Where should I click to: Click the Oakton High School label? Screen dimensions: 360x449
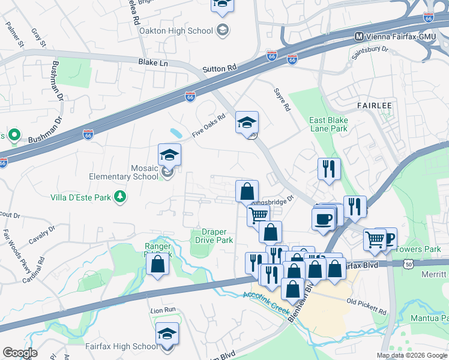176,31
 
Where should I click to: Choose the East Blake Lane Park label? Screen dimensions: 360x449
328,124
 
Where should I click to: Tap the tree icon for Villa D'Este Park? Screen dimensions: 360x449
120,196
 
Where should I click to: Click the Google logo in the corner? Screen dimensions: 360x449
19,353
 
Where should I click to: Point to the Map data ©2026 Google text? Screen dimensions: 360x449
412,355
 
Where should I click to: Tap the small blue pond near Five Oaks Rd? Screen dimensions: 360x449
176,131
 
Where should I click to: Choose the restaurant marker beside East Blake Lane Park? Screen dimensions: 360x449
329,168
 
